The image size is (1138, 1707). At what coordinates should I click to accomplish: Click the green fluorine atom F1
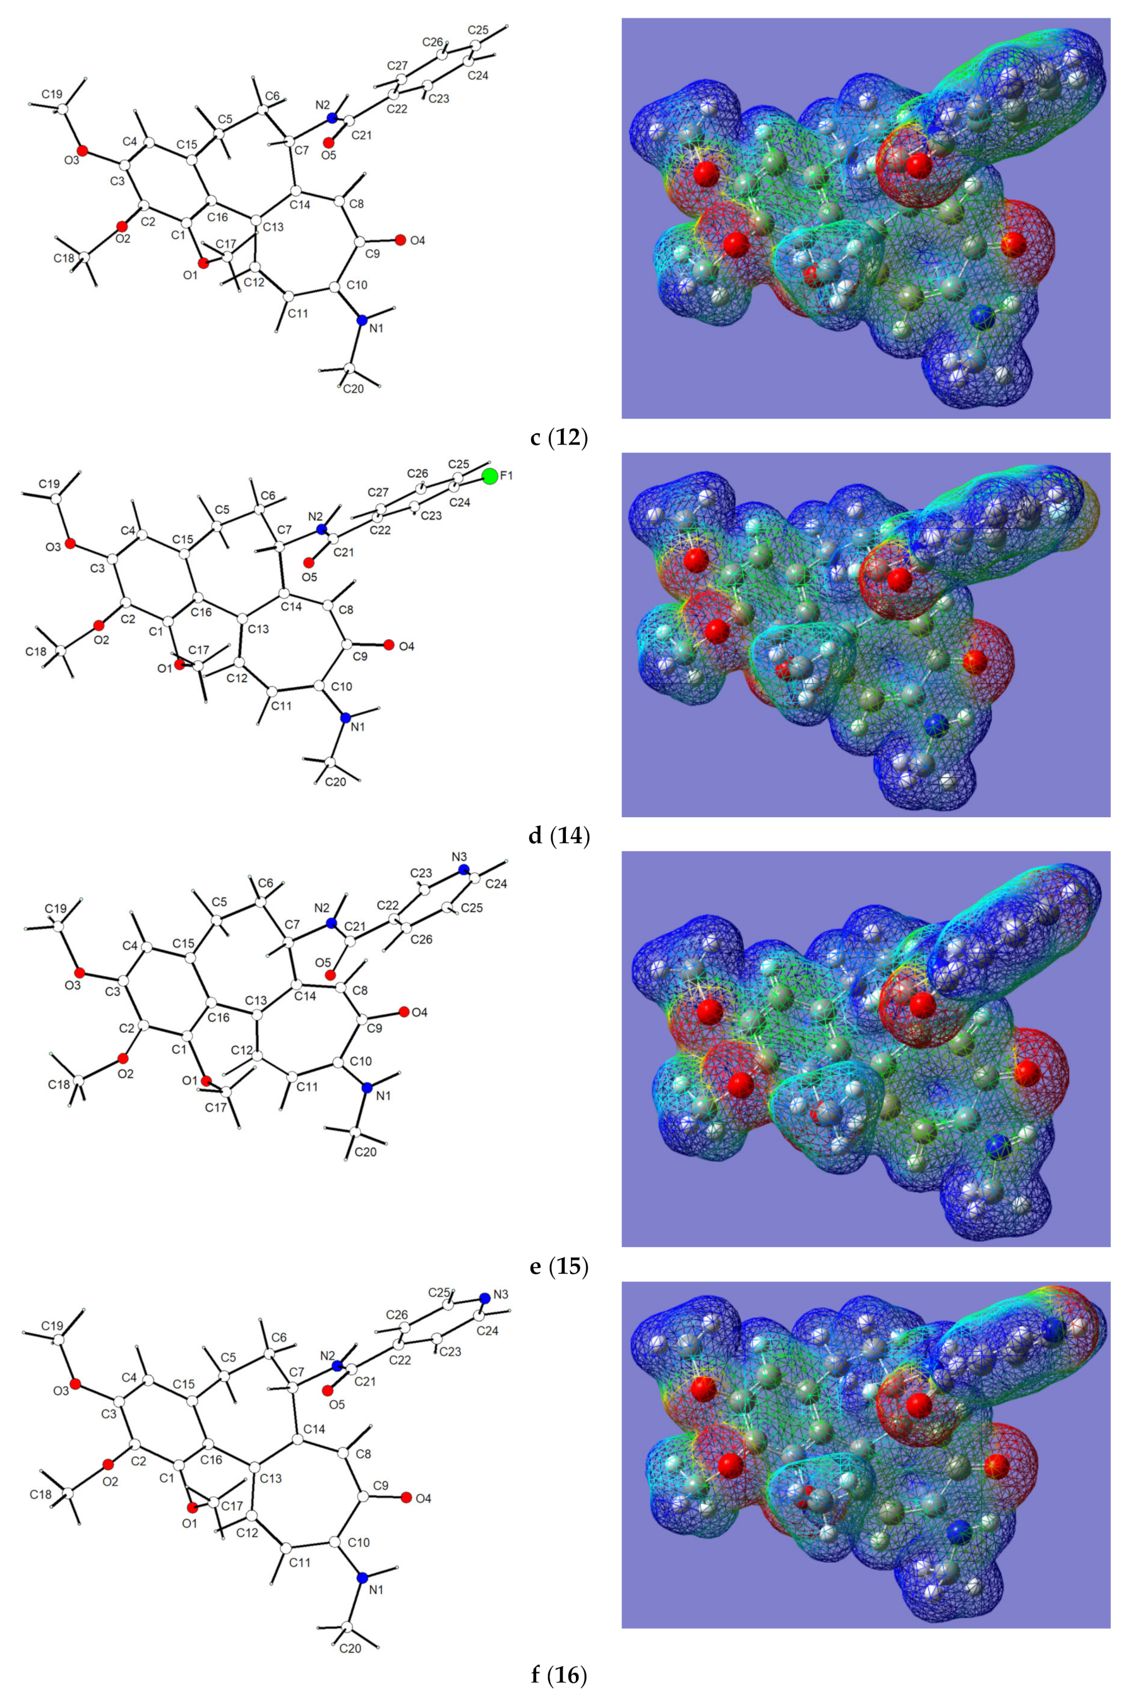[490, 476]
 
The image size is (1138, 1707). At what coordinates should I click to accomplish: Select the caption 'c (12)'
[558, 438]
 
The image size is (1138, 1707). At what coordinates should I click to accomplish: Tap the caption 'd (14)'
[559, 836]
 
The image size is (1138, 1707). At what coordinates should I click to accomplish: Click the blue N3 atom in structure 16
[484, 1298]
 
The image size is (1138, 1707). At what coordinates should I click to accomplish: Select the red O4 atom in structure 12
[400, 239]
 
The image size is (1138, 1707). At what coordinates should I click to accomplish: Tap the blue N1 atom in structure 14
[345, 718]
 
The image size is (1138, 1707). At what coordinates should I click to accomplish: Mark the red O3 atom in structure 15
[80, 973]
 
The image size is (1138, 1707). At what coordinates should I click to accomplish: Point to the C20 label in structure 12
[353, 389]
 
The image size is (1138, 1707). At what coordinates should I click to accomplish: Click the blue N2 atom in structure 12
[332, 117]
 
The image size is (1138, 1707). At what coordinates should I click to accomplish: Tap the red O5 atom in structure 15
[330, 974]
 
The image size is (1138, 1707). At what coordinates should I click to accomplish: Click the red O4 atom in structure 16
[407, 1497]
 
